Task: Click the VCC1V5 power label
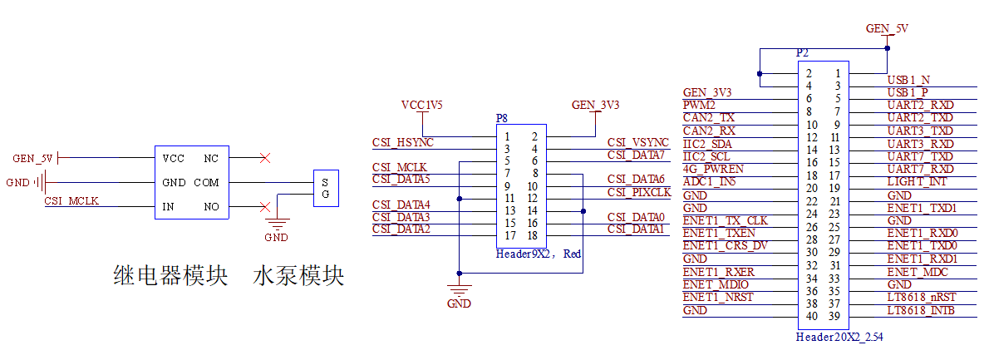[422, 106]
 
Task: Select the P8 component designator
[501, 119]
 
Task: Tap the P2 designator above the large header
[802, 52]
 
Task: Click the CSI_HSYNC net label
[403, 143]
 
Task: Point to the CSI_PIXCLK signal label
[638, 192]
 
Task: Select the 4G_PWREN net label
[713, 168]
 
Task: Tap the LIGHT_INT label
[917, 181]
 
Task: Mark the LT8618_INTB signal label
[921, 310]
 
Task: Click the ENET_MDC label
[919, 272]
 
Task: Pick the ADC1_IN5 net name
[708, 181]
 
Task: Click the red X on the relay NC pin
[264, 158]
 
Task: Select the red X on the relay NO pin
[264, 207]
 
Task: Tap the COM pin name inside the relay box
[206, 183]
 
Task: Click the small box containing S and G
[325, 188]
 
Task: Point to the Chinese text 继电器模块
[170, 276]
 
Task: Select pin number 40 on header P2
[811, 316]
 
